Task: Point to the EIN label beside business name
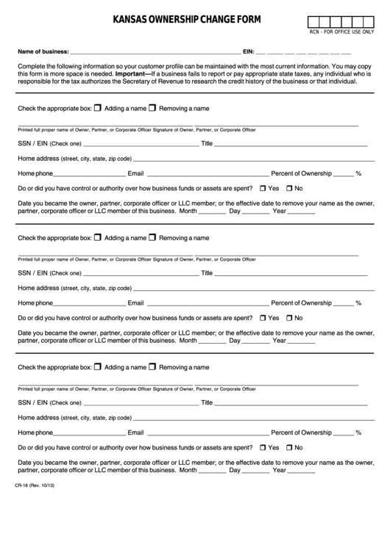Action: pyautogui.click(x=249, y=52)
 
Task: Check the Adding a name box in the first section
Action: pyautogui.click(x=98, y=108)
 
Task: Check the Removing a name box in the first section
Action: pyautogui.click(x=152, y=108)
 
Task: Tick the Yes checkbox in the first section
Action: pyautogui.click(x=263, y=189)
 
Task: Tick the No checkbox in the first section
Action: pyautogui.click(x=289, y=189)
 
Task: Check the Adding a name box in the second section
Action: pyautogui.click(x=98, y=237)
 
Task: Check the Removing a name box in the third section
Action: pyautogui.click(x=152, y=366)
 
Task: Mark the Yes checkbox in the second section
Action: pyautogui.click(x=263, y=318)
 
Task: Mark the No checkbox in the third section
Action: pyautogui.click(x=289, y=447)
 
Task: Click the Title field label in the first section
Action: pyautogui.click(x=207, y=144)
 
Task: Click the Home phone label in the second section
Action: pyautogui.click(x=35, y=303)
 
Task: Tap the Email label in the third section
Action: pyautogui.click(x=135, y=432)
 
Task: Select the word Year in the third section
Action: pyautogui.click(x=280, y=469)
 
